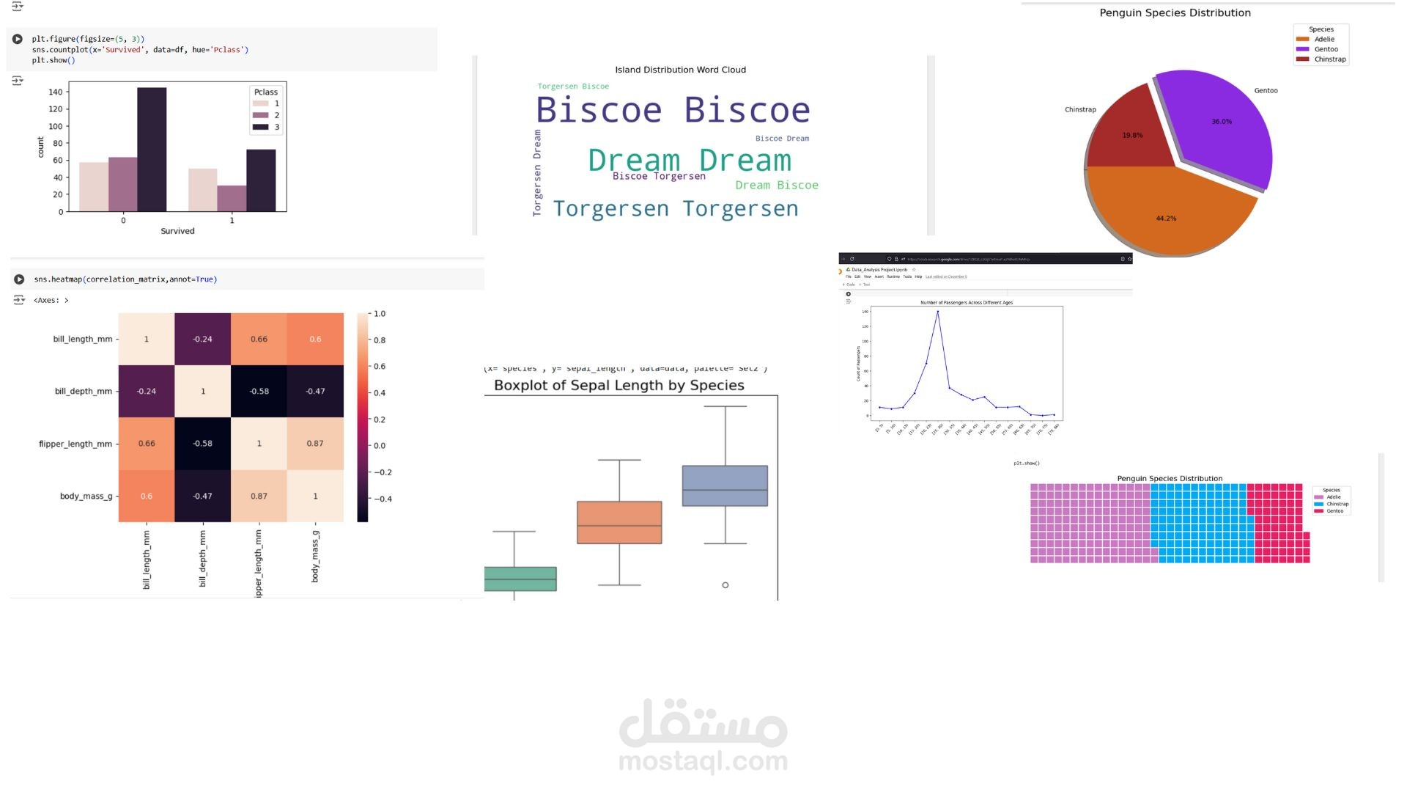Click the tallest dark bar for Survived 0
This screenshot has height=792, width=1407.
pos(152,150)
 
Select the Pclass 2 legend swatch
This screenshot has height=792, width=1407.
pos(260,115)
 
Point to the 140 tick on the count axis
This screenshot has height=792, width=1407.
pos(56,92)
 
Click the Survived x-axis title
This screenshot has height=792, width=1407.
pos(177,231)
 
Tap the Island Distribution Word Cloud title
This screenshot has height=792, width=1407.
pos(680,70)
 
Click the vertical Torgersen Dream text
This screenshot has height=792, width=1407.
pos(537,173)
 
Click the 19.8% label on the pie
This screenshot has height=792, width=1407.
pos(1132,136)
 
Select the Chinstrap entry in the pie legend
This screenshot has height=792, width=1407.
pos(1329,59)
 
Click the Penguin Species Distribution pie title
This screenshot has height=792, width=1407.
pos(1175,12)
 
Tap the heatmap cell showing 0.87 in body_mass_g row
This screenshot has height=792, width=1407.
pos(259,496)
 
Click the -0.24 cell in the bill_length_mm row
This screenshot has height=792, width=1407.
pos(202,339)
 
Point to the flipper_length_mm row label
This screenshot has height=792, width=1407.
pos(75,444)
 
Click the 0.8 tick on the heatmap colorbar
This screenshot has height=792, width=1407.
pos(379,340)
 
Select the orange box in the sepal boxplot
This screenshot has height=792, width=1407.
pos(619,522)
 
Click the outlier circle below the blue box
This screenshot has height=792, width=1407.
pos(725,585)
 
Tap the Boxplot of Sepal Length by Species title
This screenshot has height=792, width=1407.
pos(618,385)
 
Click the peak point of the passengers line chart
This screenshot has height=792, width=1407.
pos(937,312)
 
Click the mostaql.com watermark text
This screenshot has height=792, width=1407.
pos(703,761)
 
